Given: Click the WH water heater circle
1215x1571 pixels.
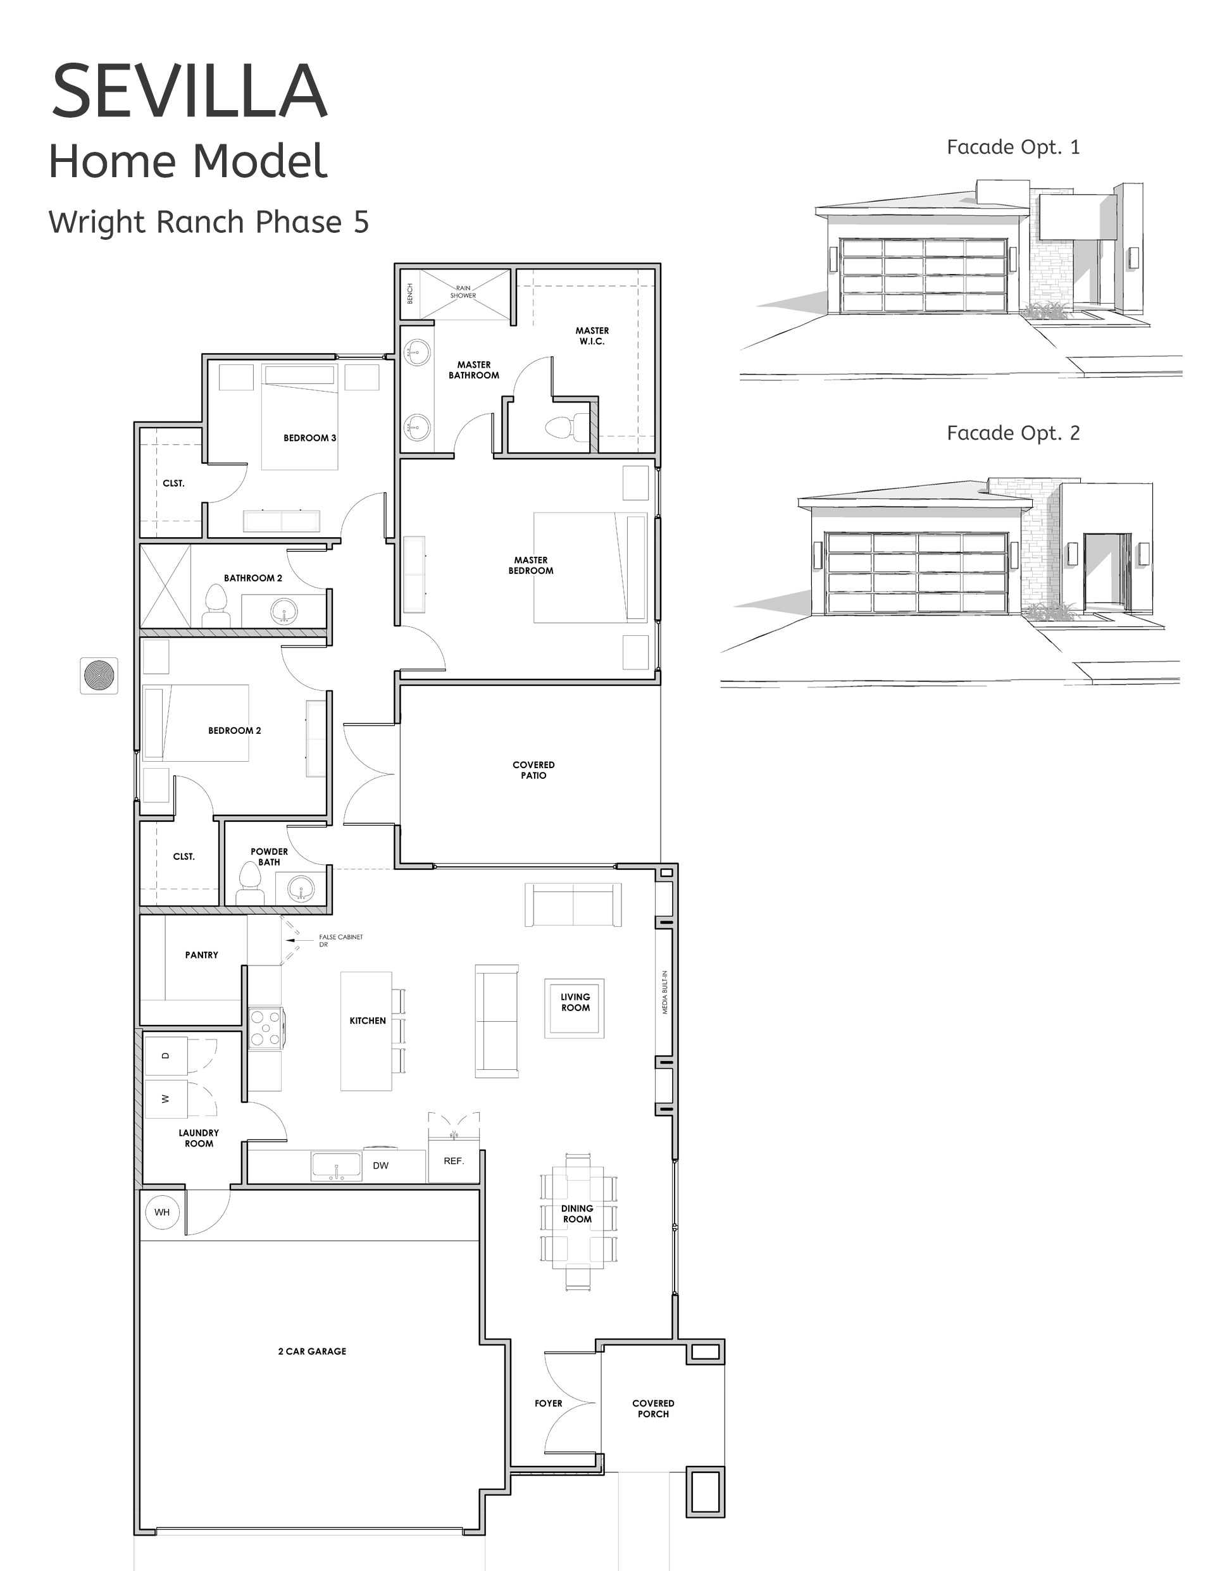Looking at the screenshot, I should (x=162, y=1212).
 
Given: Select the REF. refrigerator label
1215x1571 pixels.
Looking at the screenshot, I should (x=453, y=1161).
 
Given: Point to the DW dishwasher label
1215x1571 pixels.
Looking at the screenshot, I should (x=380, y=1165).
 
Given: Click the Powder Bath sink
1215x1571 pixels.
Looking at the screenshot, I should (x=301, y=889).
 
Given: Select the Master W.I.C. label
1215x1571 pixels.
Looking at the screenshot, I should (x=592, y=336).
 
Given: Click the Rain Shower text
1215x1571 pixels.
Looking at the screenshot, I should (x=463, y=291).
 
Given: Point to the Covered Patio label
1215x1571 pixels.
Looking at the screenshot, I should (x=533, y=769).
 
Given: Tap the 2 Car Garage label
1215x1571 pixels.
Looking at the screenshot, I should (x=311, y=1351).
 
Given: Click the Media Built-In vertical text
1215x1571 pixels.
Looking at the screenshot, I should (x=664, y=993).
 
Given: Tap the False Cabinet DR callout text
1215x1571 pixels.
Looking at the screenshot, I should (x=340, y=940).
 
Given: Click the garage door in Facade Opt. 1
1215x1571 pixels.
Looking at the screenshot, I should (x=924, y=275).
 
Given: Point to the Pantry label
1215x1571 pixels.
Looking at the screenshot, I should (x=201, y=955).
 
